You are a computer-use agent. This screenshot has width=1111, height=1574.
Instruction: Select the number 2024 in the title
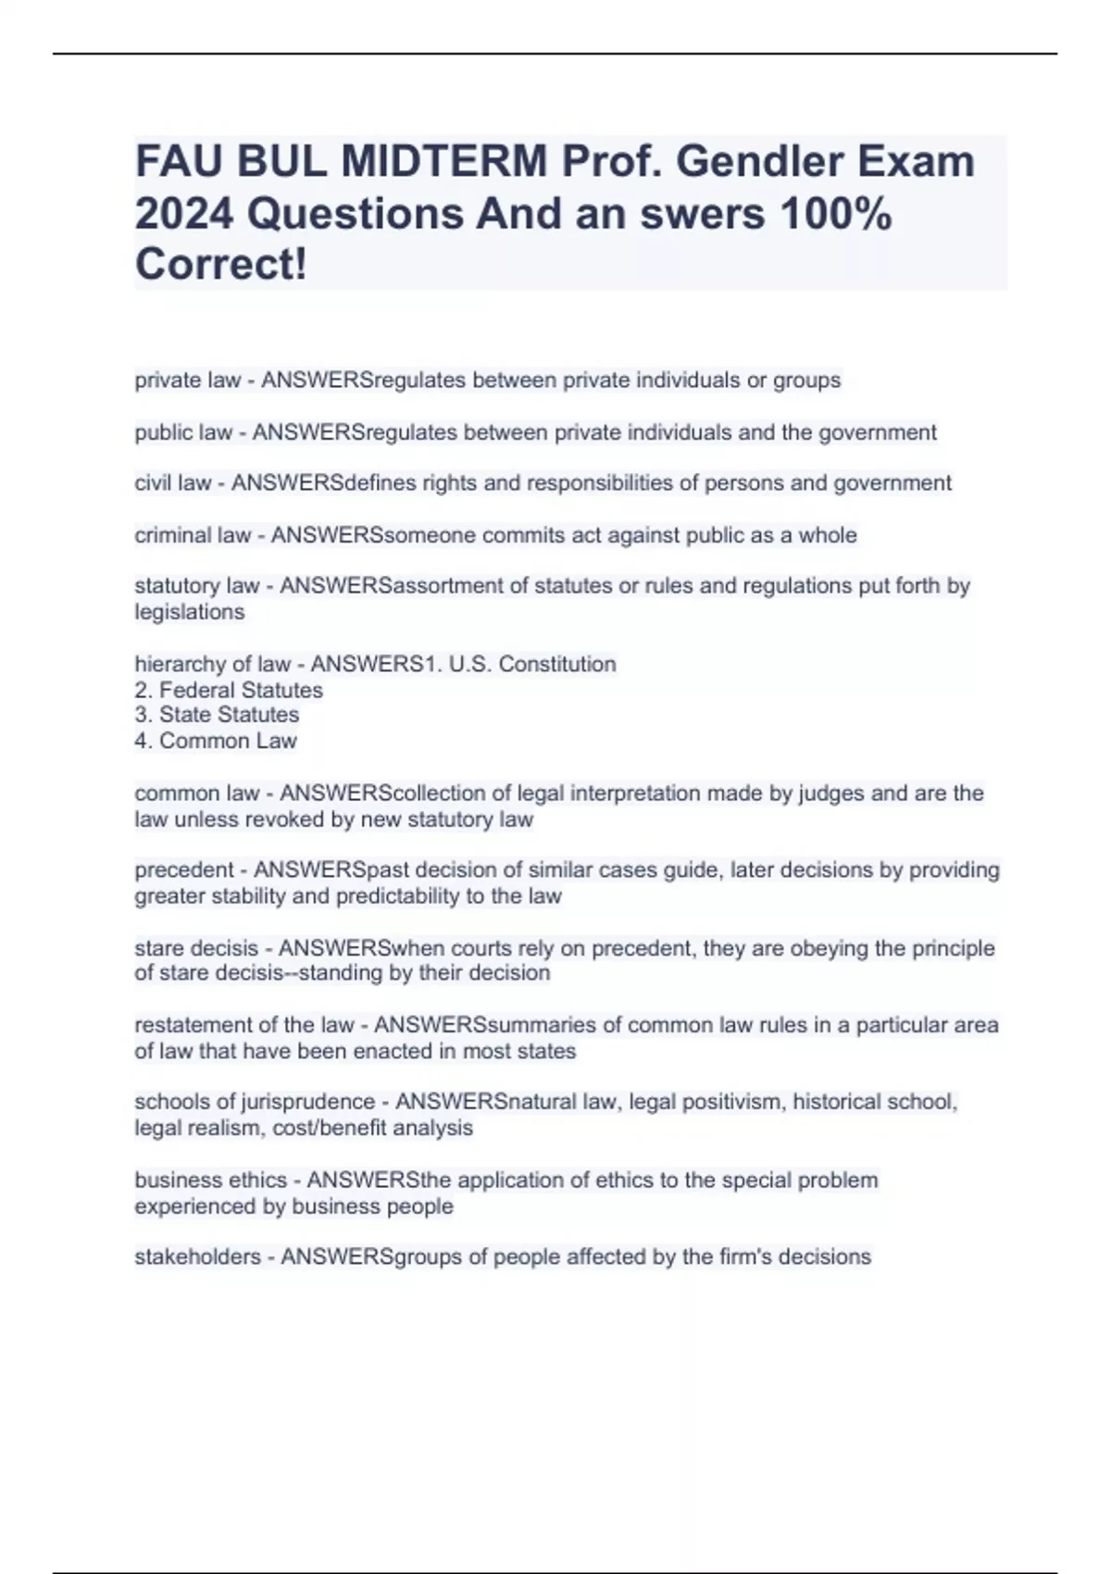(183, 214)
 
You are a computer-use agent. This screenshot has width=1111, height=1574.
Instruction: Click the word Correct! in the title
(221, 265)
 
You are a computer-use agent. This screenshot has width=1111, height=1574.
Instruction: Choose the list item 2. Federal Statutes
(229, 690)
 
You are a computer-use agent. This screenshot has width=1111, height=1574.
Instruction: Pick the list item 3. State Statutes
(217, 715)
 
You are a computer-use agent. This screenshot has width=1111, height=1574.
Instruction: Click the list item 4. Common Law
(216, 741)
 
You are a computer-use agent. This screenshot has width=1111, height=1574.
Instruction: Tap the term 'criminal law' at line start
(193, 535)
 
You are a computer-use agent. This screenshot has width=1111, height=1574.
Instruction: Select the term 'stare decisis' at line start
(196, 948)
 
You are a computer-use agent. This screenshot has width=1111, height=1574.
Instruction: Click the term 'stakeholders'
(197, 1256)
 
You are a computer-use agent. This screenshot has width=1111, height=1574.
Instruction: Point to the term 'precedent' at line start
(184, 870)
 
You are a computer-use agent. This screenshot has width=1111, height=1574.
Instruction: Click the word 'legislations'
(190, 612)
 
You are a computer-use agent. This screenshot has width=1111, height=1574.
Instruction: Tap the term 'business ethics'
(210, 1180)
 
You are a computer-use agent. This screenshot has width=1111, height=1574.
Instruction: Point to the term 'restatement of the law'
(244, 1025)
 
